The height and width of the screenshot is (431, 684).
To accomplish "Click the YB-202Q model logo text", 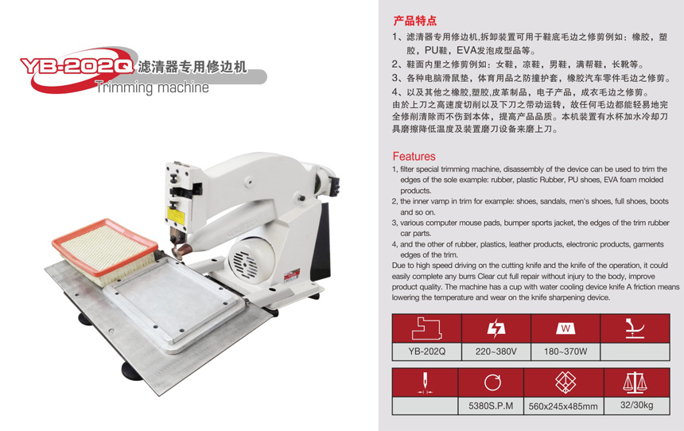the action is (77, 66).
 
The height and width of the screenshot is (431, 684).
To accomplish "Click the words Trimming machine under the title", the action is (152, 87).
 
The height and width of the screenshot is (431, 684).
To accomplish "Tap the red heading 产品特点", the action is (414, 21).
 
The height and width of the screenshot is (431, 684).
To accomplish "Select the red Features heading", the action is (414, 156).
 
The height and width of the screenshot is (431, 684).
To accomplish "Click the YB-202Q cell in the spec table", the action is (426, 351).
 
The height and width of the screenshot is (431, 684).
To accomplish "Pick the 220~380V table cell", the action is (496, 351).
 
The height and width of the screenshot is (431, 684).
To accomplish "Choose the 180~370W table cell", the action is (565, 351).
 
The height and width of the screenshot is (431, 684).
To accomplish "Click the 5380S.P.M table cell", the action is (491, 406).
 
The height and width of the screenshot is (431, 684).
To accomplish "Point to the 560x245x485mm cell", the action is (563, 406).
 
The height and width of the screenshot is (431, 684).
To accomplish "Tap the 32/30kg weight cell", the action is (636, 406).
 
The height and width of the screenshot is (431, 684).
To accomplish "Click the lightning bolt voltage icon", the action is (496, 328).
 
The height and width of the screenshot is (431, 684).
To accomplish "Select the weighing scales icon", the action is (635, 382).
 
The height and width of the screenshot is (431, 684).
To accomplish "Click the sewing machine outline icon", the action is (426, 328).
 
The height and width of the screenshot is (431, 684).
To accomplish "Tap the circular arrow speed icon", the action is (492, 382).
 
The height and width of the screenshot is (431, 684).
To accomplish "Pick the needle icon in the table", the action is (425, 383).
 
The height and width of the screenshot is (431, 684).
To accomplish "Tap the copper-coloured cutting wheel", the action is (183, 250).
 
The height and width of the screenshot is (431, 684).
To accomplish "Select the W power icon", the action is (565, 328).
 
